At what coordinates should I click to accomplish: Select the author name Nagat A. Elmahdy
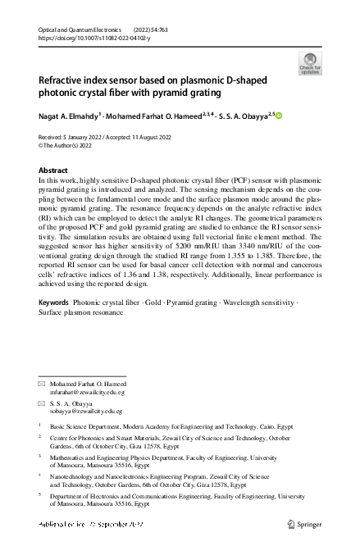pos(69,117)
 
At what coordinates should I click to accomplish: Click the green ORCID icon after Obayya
pos(277,117)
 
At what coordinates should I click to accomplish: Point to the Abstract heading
pos(53,170)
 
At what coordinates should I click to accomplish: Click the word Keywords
pos(54,326)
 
